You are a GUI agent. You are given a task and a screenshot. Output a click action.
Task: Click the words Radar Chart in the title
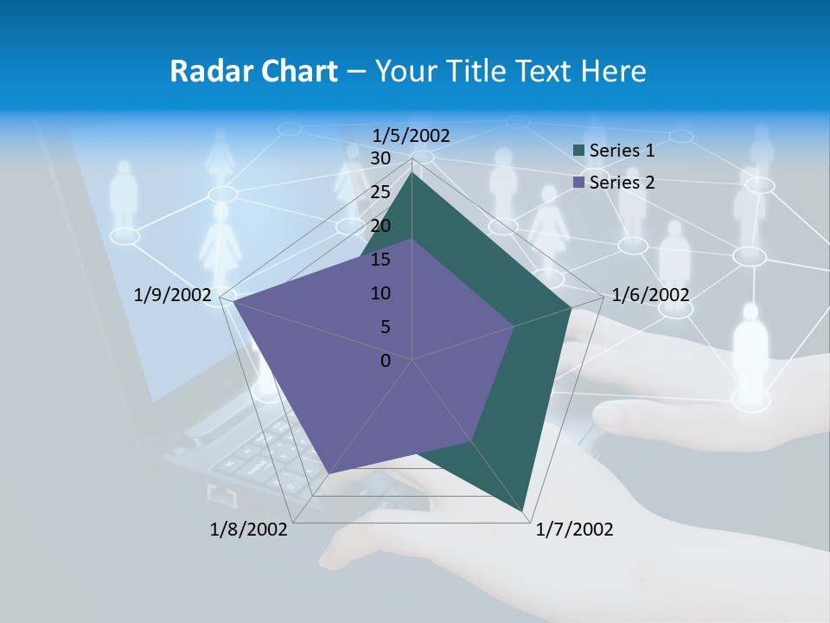coord(253,71)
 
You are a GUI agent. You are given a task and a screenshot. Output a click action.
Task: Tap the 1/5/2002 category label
coord(412,135)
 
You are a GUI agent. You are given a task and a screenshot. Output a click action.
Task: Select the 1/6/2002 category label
coord(650,295)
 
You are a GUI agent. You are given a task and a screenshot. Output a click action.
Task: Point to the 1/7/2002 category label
coord(574,530)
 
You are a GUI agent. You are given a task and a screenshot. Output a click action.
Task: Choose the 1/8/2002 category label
coord(249,530)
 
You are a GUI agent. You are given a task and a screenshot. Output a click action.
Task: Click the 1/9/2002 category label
coord(173,295)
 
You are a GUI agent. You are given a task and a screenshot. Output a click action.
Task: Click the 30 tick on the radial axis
coord(380,158)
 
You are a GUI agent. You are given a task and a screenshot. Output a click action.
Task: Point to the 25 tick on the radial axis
coord(380,192)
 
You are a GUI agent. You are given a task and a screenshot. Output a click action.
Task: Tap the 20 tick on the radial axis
coord(380,226)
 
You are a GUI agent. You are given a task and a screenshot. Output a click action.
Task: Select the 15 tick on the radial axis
coord(380,260)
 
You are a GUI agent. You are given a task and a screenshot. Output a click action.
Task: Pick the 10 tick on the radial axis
coord(380,293)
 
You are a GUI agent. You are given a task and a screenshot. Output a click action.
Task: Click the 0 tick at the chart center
coord(386,361)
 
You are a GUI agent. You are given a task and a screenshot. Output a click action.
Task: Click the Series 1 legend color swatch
coord(579,151)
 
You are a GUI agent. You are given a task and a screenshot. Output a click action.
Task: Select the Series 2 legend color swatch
coord(579,183)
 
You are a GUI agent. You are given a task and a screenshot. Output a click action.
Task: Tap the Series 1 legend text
coord(622,151)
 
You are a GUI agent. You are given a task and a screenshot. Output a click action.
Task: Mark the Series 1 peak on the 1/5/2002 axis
coord(412,171)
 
